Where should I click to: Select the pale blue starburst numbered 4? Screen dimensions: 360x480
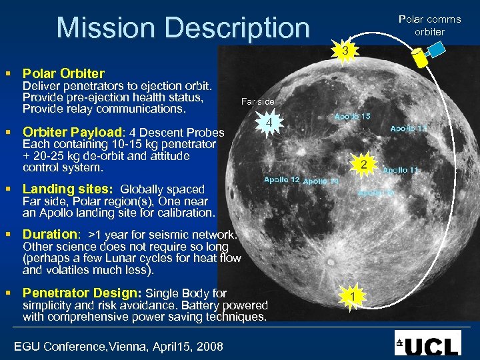[x=268, y=124]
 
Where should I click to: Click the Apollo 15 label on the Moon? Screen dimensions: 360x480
[x=353, y=116]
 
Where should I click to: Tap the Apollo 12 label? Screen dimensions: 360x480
[x=281, y=179]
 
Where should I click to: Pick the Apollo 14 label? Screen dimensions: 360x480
[x=321, y=181]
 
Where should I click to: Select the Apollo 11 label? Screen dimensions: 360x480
[x=401, y=170]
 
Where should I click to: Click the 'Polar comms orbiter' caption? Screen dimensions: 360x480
[x=429, y=25]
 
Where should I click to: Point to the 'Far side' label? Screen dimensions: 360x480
[x=257, y=101]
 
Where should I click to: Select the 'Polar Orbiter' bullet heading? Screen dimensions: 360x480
[x=63, y=73]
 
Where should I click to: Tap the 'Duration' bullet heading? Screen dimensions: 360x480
[x=50, y=234]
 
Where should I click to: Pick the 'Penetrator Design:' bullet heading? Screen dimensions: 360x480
[x=81, y=293]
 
